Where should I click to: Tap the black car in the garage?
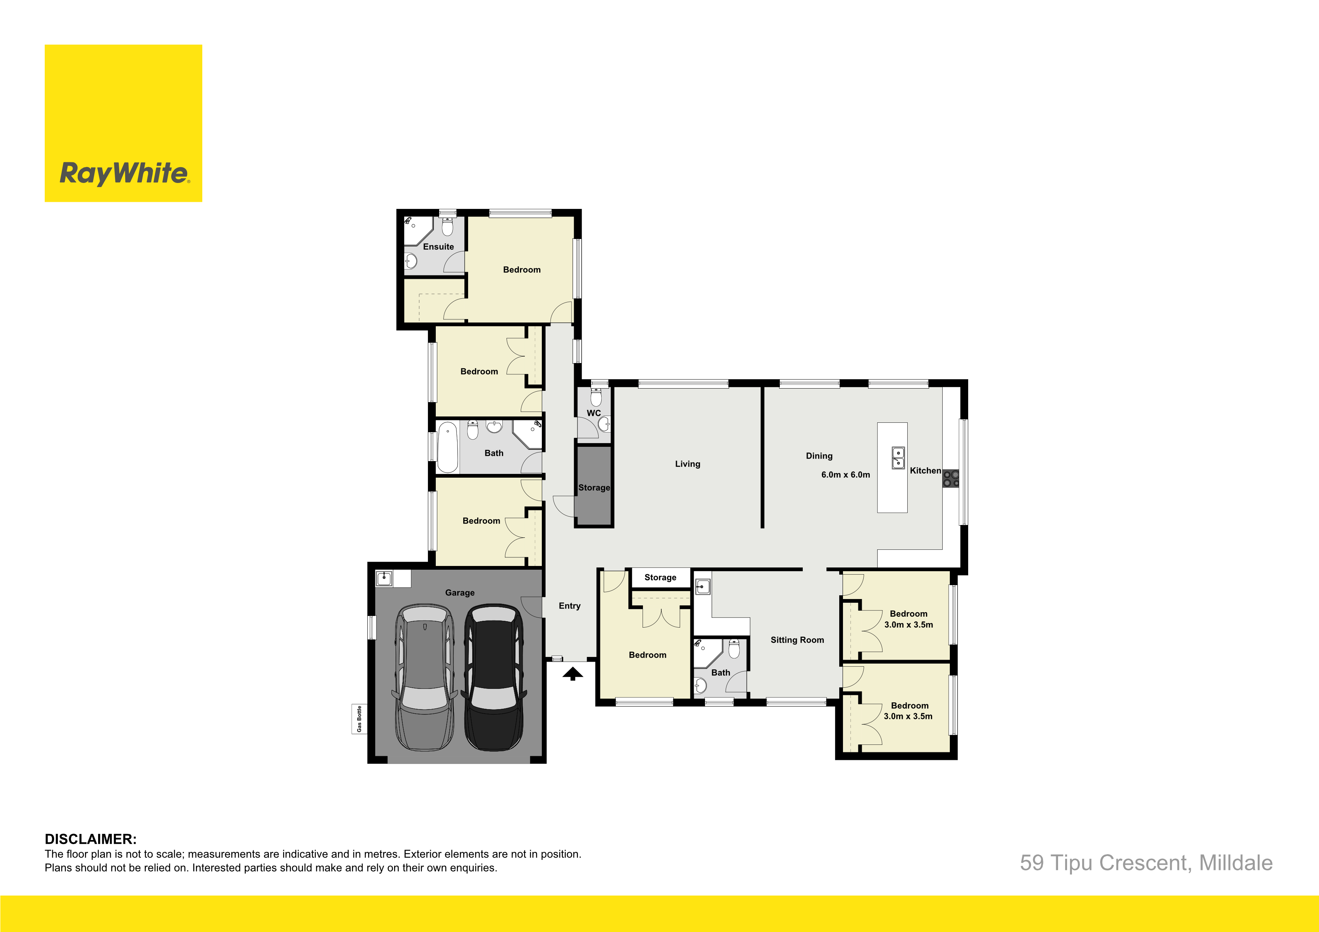pos(494,677)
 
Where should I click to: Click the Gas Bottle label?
pos(359,719)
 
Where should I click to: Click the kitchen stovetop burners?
pos(951,479)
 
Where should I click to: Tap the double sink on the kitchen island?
pos(898,458)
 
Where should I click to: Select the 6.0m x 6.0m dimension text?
pos(846,475)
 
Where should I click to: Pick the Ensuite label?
pos(438,247)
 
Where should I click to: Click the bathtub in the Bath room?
pos(447,447)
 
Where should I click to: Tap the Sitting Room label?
pos(797,640)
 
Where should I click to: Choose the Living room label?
pos(688,464)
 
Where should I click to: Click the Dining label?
pos(819,456)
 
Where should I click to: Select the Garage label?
pos(459,593)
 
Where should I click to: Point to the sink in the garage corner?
pos(384,578)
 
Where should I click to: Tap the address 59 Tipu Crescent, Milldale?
pos(1146,863)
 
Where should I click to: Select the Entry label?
pos(569,606)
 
